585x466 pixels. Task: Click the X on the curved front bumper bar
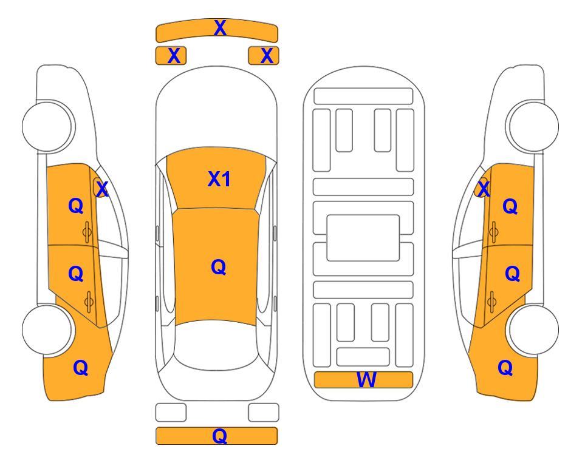(x=220, y=28)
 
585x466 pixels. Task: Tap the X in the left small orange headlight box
(x=174, y=56)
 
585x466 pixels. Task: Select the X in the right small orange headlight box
(x=267, y=56)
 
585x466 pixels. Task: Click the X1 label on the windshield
(x=219, y=179)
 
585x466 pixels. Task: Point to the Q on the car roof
(x=219, y=267)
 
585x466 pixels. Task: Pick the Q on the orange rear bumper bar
(x=220, y=436)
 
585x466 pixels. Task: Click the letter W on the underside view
(x=366, y=380)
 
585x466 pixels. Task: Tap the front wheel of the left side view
(x=47, y=126)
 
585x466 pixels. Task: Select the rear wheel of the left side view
(x=47, y=330)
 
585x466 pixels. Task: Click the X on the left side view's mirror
(x=102, y=189)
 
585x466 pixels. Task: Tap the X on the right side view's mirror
(x=484, y=189)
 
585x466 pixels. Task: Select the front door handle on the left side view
(x=87, y=232)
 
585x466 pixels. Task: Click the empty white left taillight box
(x=171, y=413)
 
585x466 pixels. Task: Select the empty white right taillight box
(x=264, y=413)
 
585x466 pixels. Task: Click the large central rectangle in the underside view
(x=363, y=238)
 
